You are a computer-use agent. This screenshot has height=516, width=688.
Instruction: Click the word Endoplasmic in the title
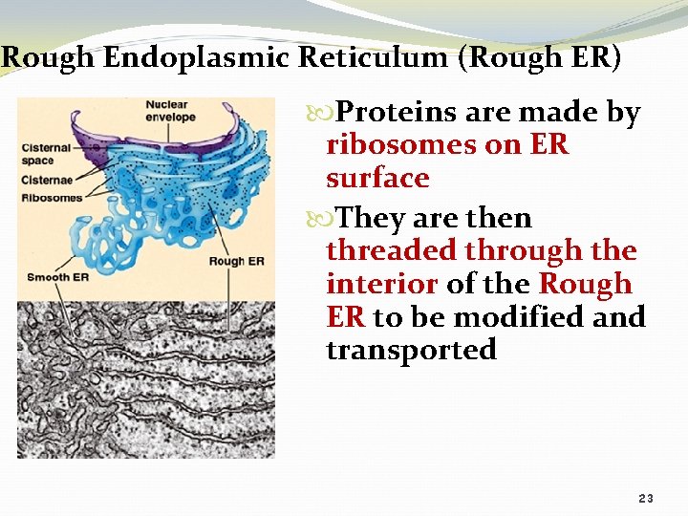click(197, 57)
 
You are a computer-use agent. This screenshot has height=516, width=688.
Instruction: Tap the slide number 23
click(646, 499)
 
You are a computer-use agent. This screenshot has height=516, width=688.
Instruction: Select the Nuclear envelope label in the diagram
click(170, 111)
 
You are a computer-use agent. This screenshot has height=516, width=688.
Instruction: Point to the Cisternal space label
click(47, 154)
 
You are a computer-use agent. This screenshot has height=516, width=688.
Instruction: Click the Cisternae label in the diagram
click(46, 182)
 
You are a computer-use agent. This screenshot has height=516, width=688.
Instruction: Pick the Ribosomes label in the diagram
click(52, 198)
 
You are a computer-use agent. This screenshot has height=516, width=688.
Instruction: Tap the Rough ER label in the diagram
click(235, 261)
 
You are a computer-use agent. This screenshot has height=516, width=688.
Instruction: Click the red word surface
click(377, 178)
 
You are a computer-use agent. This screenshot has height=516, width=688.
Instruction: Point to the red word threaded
click(391, 250)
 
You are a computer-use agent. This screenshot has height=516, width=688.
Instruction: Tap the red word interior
click(381, 284)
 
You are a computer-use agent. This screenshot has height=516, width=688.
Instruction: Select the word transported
click(411, 350)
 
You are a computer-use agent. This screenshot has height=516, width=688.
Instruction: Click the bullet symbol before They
click(332, 219)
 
